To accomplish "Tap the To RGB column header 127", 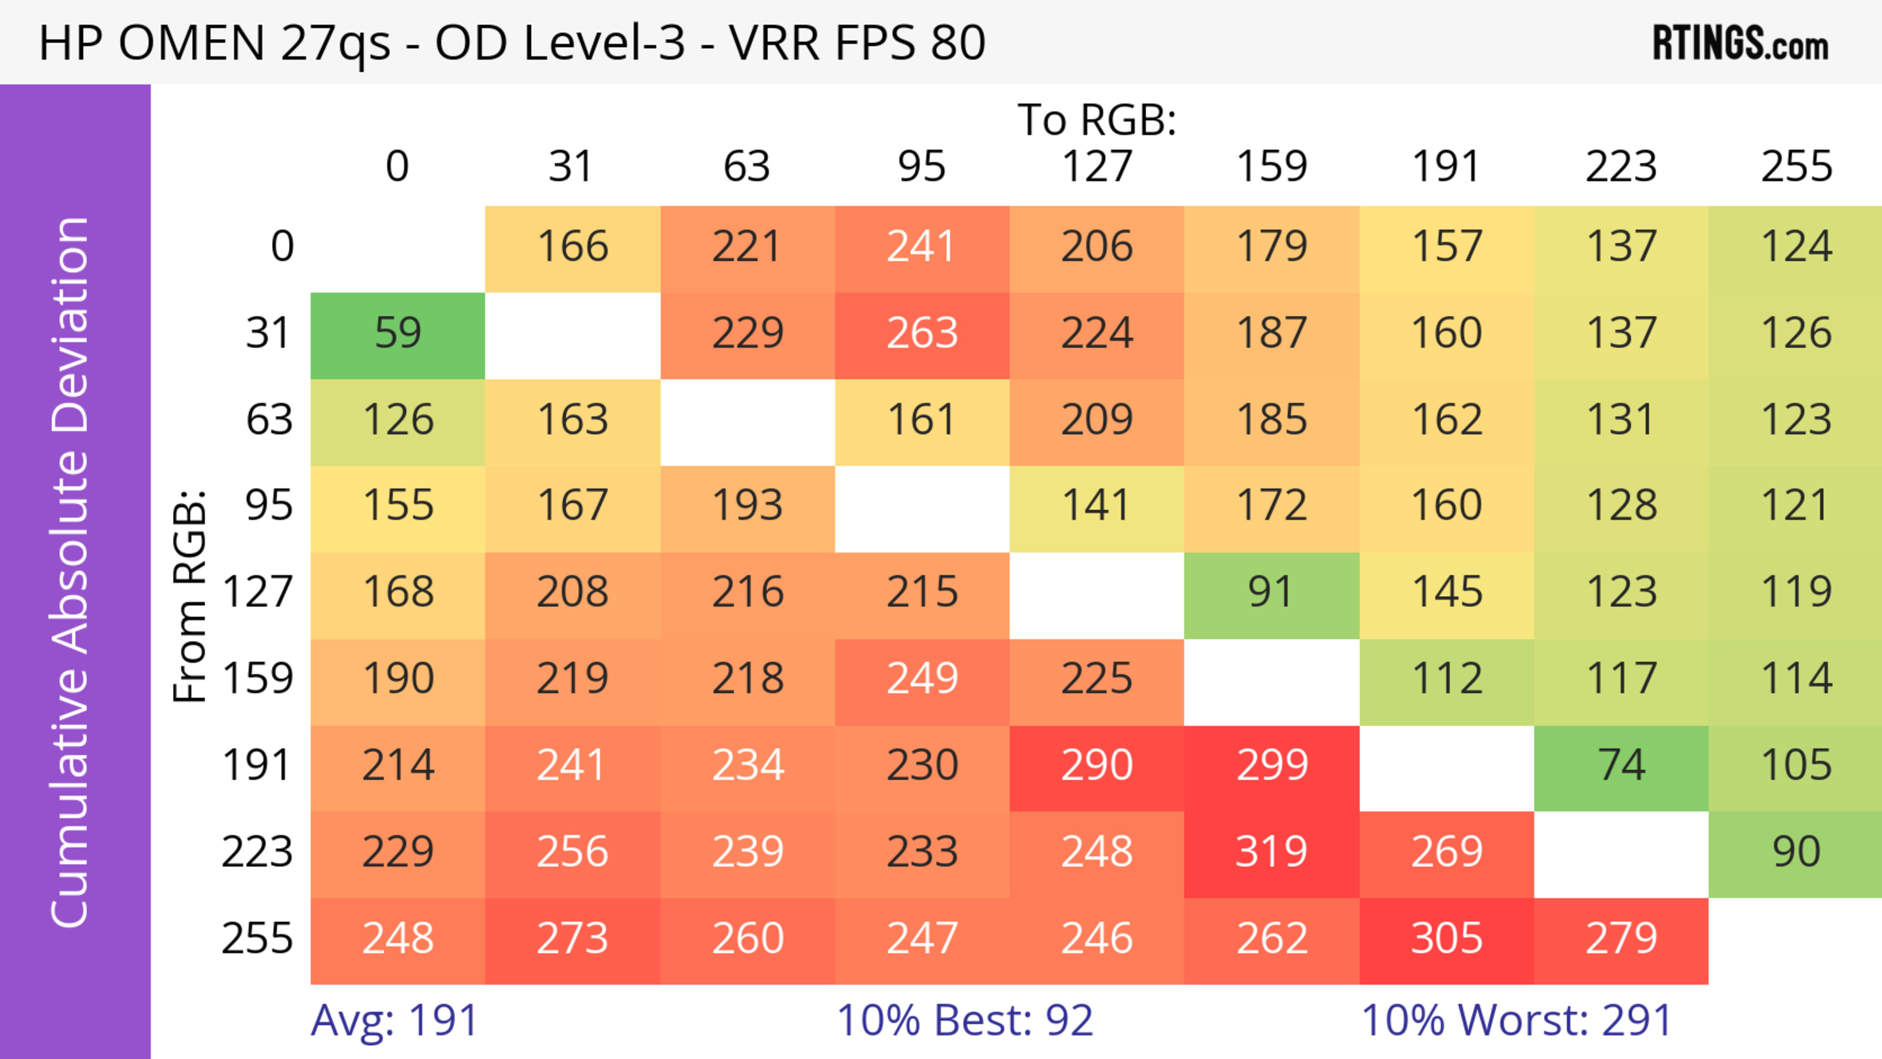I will (x=1097, y=167).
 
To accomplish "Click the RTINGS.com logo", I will (x=1740, y=44).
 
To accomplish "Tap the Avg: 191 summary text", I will (x=395, y=1020).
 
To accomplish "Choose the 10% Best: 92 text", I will (x=965, y=1020).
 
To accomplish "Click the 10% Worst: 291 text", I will (x=1517, y=1020).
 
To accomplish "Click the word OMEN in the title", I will (x=192, y=42).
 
